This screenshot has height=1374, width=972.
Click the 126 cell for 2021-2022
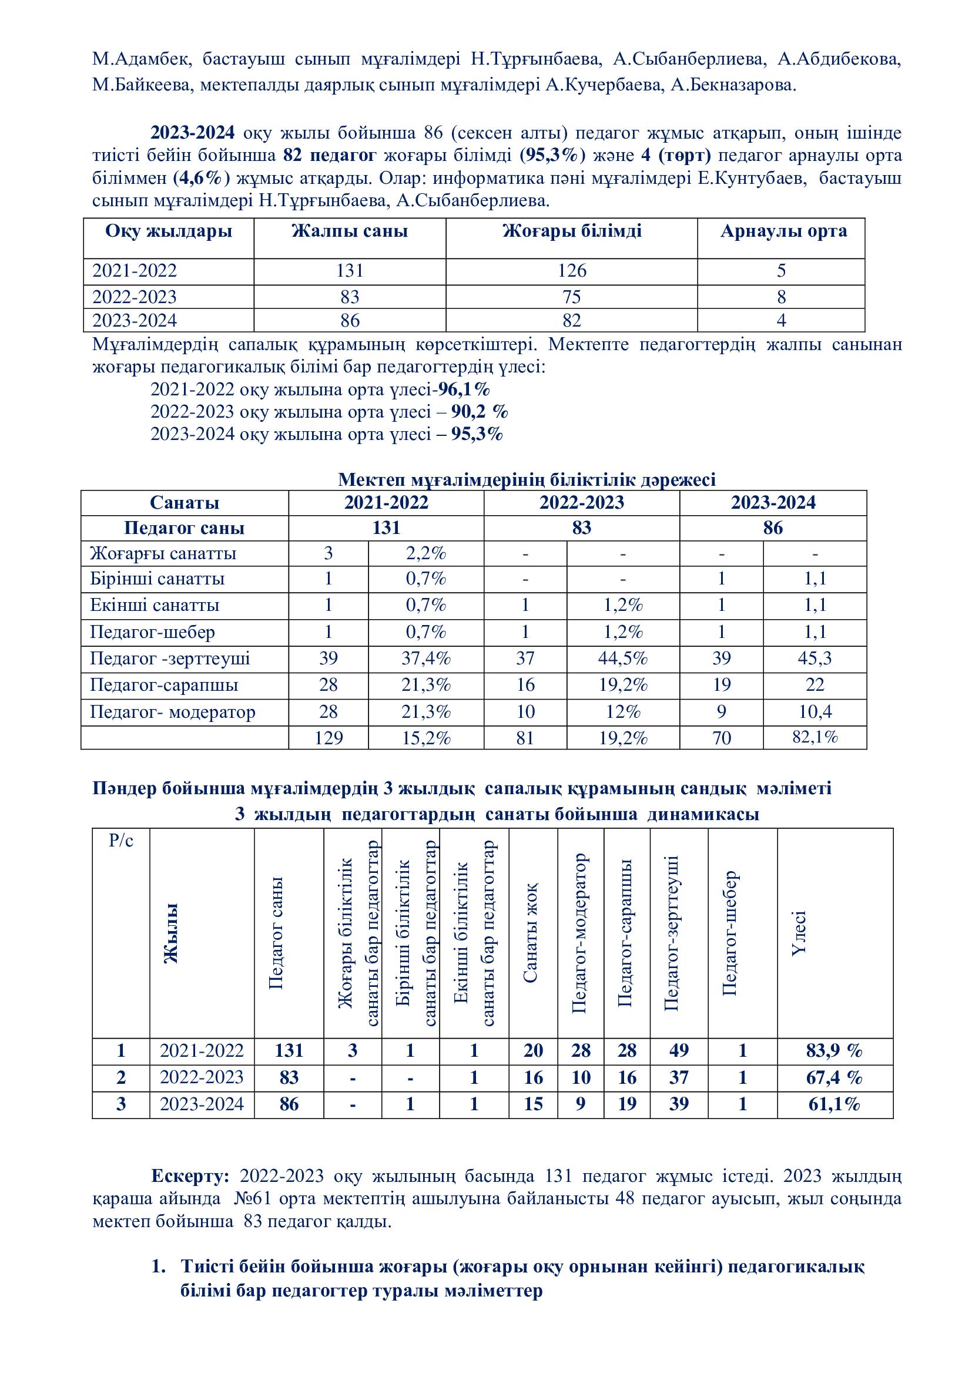click(x=572, y=271)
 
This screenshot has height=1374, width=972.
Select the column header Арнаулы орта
click(x=783, y=231)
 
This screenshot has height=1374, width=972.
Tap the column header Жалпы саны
click(x=350, y=231)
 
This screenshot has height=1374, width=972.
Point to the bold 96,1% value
click(x=464, y=390)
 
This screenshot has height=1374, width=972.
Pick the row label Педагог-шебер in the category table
click(x=152, y=632)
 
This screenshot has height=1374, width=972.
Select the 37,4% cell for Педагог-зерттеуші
click(x=425, y=659)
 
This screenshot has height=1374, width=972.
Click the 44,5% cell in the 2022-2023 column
click(x=622, y=659)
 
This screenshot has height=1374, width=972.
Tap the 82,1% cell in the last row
click(x=815, y=737)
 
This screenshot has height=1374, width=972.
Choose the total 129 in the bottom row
click(x=329, y=738)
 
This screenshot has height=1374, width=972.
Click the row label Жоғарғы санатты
click(x=163, y=553)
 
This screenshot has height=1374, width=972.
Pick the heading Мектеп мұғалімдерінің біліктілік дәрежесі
click(x=527, y=479)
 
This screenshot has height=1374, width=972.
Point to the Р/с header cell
click(x=121, y=841)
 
